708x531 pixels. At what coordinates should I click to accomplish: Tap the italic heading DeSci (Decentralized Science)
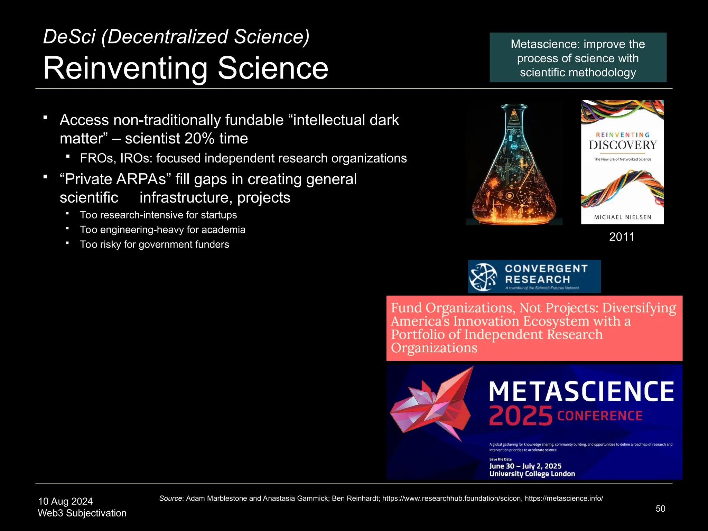[176, 37]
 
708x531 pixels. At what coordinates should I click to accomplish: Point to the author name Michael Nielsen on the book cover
[623, 217]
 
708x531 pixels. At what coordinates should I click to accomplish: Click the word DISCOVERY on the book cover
[623, 145]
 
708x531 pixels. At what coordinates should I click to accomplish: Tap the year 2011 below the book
[622, 237]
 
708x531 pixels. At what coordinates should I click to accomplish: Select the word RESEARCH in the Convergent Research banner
[537, 279]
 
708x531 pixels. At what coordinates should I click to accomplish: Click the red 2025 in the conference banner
[521, 416]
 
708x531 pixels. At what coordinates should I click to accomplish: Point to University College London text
[532, 474]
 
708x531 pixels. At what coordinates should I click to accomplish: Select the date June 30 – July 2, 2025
[525, 466]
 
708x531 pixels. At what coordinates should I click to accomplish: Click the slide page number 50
[660, 509]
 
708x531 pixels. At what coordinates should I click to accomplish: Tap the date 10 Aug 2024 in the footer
[65, 501]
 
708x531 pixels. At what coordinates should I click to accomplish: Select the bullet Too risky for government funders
[154, 244]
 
